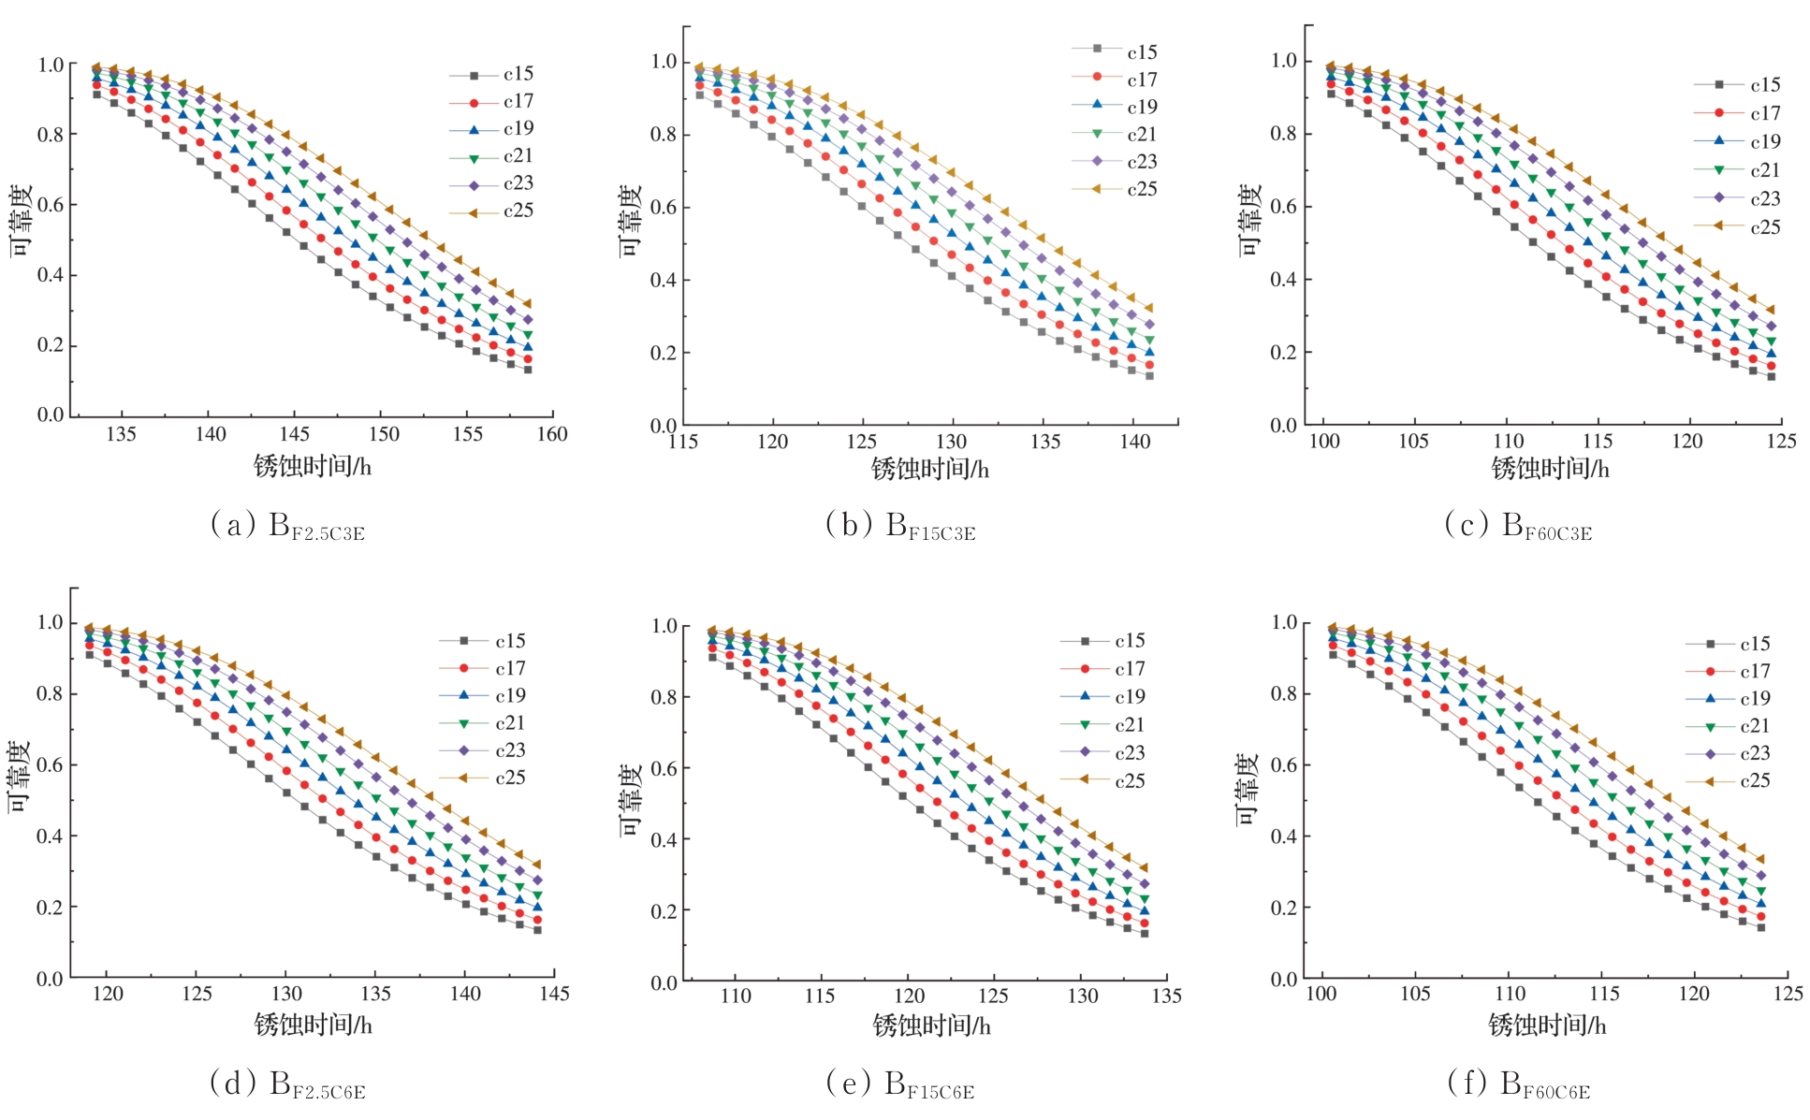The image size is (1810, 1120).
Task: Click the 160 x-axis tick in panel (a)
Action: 552,434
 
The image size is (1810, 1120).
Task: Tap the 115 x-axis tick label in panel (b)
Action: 683,442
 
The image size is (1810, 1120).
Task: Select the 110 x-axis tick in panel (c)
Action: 1508,441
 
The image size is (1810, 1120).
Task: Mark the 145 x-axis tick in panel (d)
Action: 554,994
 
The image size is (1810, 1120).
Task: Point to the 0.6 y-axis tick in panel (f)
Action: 1283,764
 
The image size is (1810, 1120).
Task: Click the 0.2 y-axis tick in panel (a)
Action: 51,345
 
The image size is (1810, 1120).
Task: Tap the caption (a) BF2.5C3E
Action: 287,526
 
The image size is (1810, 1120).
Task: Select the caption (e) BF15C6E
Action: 899,1084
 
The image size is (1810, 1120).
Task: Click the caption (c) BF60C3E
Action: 1518,526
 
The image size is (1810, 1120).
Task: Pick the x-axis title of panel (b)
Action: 929,469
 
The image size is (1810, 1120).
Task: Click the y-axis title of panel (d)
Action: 20,777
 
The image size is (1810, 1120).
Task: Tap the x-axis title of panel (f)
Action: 1547,1025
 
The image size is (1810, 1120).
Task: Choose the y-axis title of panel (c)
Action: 1250,220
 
